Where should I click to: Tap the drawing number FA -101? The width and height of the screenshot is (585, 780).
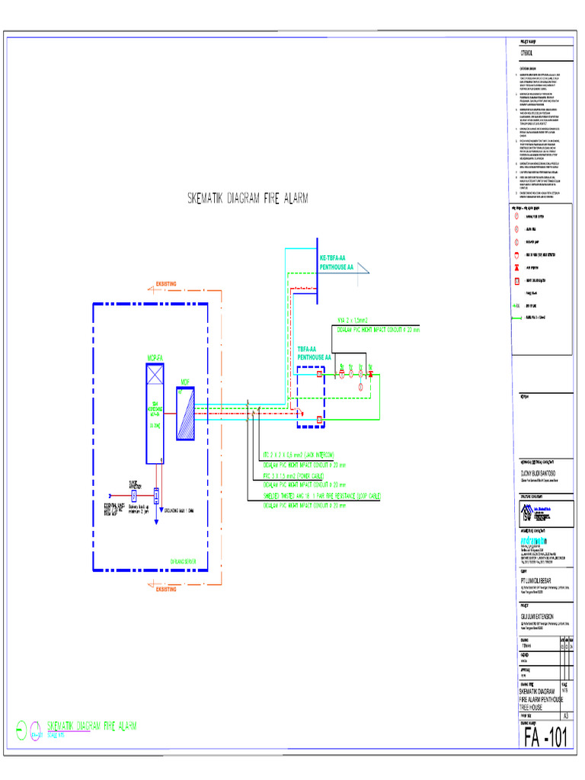[545, 737]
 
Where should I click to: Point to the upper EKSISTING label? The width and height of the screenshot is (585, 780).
[165, 284]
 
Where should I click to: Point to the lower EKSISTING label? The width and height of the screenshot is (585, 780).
[165, 588]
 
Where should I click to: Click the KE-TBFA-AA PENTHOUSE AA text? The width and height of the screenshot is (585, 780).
[336, 264]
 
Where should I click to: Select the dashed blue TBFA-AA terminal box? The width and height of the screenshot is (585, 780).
[313, 395]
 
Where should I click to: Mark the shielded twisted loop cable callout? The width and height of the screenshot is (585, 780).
[321, 496]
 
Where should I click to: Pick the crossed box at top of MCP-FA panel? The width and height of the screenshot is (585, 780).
[156, 374]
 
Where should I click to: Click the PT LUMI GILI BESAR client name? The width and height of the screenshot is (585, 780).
[537, 578]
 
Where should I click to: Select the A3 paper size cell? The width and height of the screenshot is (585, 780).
[565, 716]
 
